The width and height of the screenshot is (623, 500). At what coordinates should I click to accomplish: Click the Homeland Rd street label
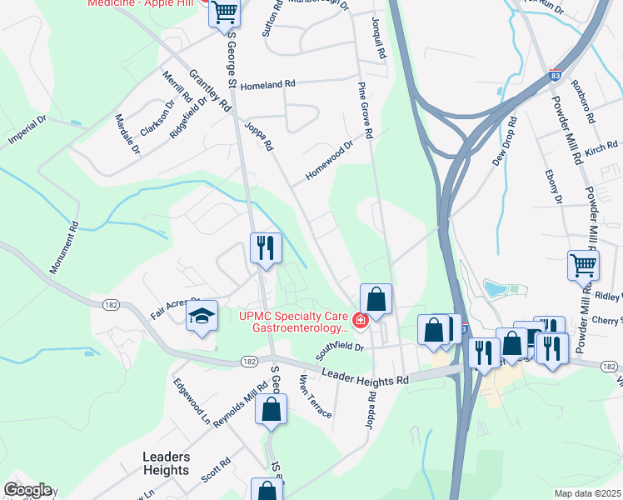pos(268,84)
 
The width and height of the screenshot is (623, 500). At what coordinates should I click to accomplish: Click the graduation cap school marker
pos(202,317)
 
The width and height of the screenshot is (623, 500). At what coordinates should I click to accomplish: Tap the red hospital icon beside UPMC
pos(360,319)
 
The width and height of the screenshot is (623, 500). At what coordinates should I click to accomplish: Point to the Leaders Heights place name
pos(166,463)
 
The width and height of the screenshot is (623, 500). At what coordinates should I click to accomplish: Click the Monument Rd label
pos(63,248)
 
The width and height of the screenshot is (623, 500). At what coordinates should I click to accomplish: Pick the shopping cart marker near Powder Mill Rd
pos(583,265)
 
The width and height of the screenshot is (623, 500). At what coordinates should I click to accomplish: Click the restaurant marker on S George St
pos(266,247)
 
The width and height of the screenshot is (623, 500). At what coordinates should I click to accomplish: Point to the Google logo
pos(27,490)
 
